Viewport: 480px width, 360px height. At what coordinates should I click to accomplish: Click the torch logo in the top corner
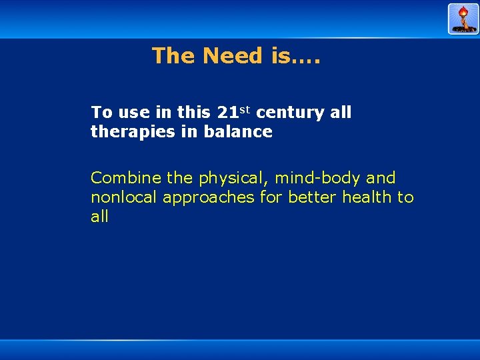[463, 19]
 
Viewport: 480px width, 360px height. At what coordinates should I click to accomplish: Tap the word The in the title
[174, 55]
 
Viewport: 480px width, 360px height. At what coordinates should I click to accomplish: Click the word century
[290, 113]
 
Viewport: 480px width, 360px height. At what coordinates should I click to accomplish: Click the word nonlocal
[125, 197]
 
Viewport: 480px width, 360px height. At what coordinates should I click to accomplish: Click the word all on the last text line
[99, 217]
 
